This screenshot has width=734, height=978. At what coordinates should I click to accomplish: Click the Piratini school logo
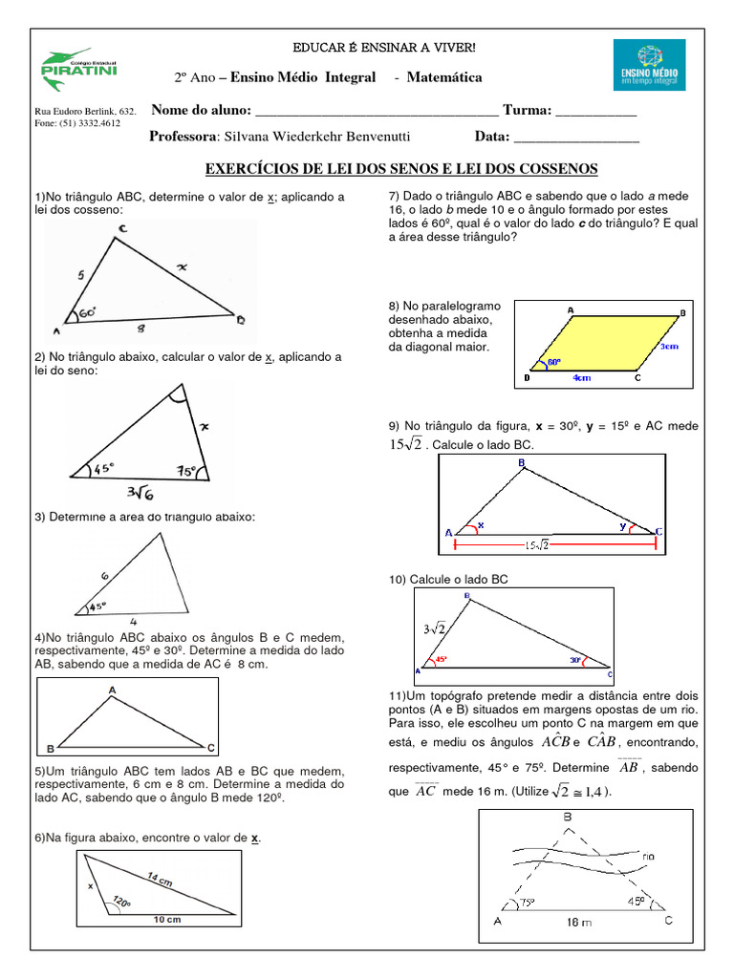pyautogui.click(x=64, y=65)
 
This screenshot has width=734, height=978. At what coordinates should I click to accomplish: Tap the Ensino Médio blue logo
pyautogui.click(x=649, y=65)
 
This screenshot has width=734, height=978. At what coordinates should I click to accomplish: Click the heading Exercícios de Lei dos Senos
pyautogui.click(x=402, y=169)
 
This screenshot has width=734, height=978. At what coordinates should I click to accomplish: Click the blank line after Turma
pyautogui.click(x=595, y=113)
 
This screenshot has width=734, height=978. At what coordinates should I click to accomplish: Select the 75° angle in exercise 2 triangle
pyautogui.click(x=187, y=470)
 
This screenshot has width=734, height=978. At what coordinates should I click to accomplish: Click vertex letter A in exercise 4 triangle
pyautogui.click(x=112, y=688)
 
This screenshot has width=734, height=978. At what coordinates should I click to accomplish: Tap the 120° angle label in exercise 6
pyautogui.click(x=121, y=900)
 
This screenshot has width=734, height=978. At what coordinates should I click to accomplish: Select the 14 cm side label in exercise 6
pyautogui.click(x=160, y=880)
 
